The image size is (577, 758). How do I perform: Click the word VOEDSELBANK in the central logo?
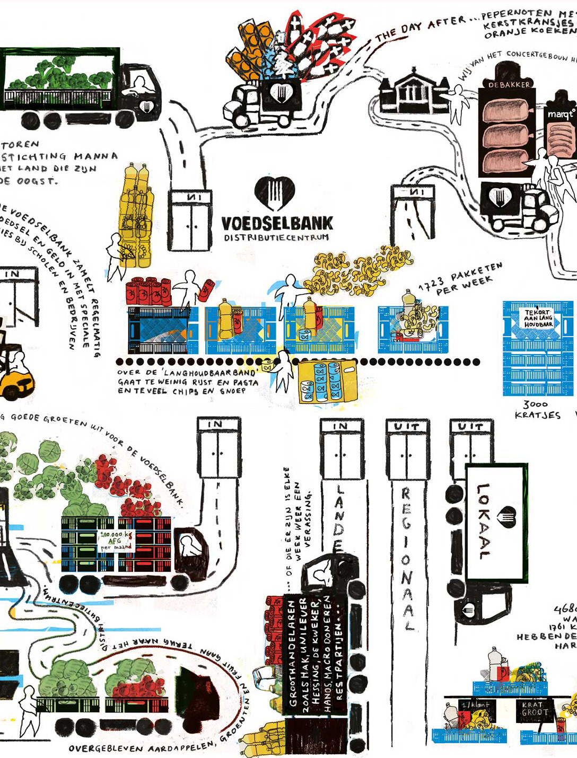[277, 223]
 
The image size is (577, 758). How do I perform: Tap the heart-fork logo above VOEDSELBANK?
[274, 192]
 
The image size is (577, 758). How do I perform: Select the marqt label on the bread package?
[561, 114]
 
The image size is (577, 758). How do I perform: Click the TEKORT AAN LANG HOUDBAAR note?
[538, 318]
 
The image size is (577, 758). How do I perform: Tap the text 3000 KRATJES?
[537, 409]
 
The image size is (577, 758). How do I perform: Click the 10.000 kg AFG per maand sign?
[116, 540]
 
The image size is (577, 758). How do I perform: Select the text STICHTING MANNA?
[59, 156]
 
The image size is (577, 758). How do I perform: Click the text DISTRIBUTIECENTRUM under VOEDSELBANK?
[276, 237]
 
